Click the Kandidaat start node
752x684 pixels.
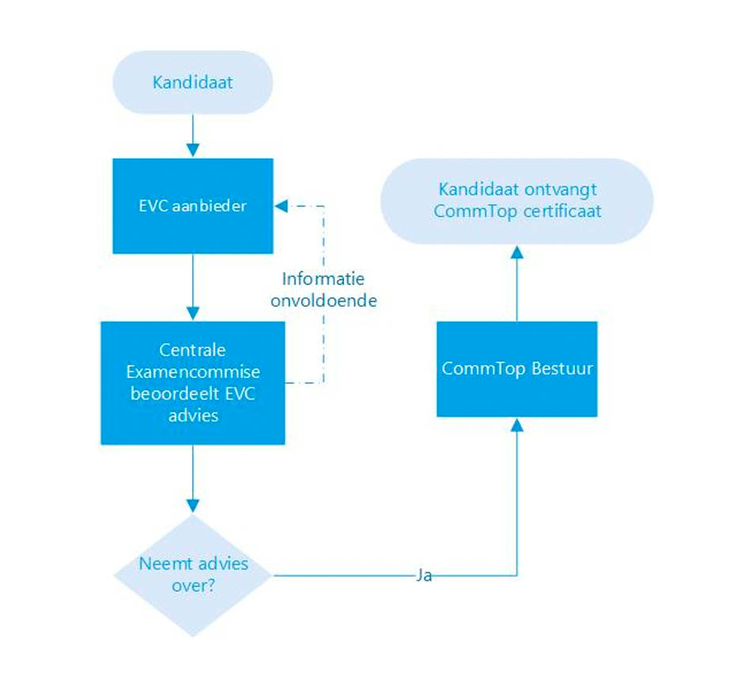193,82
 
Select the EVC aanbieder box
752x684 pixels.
193,206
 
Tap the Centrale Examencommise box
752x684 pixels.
193,383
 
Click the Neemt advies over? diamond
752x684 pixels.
193,575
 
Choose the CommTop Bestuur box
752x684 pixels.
517,368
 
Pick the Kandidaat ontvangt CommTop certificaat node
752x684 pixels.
517,201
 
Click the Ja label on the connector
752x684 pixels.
424,575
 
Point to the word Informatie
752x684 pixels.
323,278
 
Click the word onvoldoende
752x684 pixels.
323,300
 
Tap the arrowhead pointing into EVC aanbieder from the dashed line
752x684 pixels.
281,206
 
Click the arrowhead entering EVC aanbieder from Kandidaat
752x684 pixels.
193,150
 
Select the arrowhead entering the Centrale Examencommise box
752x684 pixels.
193,314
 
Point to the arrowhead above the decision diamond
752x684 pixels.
193,505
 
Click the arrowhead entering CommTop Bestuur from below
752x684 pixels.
517,425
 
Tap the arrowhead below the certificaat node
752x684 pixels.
517,251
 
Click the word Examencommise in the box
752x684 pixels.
193,372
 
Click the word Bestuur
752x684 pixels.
562,368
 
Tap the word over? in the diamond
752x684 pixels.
193,586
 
